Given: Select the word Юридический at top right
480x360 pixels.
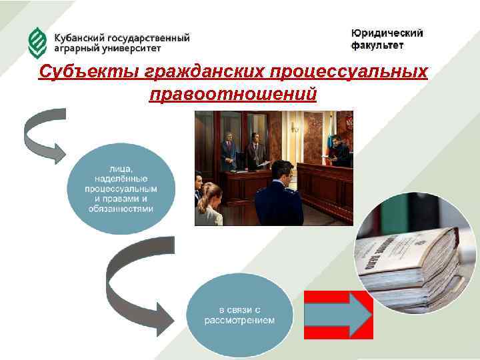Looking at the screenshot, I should coord(387,34).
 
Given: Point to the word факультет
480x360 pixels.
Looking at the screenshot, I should coord(377,46).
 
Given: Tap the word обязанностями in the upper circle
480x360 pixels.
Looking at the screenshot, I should coord(121,209).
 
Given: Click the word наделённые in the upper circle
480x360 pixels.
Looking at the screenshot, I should coord(121,179).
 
